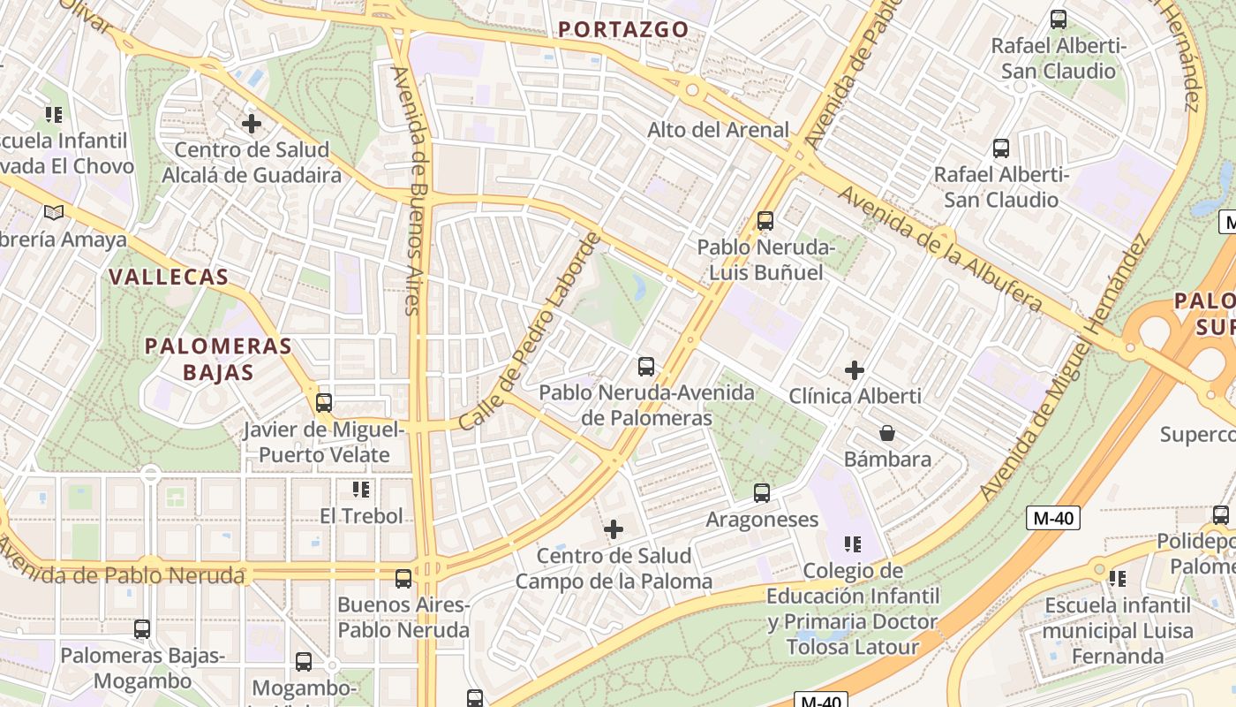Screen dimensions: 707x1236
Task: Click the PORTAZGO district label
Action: coord(623,29)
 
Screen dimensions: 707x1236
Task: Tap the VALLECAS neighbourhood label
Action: coord(169,277)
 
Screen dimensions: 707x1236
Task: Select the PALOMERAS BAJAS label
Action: coord(218,358)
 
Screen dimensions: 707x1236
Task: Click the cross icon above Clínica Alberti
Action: coord(855,369)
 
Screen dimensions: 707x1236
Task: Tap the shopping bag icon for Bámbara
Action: coord(887,433)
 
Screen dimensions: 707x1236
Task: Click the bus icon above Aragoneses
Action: coord(762,493)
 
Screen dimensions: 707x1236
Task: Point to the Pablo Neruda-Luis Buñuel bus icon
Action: coord(765,221)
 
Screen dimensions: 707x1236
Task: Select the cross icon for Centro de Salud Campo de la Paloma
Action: coord(614,529)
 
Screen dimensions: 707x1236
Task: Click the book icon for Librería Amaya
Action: coord(54,212)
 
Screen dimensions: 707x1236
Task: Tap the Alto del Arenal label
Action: coord(718,130)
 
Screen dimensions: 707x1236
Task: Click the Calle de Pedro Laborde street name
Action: coord(531,331)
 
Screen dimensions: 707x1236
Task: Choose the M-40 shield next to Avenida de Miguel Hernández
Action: coord(1052,518)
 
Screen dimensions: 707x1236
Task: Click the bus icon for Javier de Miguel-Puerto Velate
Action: coord(324,403)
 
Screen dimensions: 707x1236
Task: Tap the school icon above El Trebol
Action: coord(360,489)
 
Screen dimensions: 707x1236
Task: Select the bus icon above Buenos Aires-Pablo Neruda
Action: coord(403,579)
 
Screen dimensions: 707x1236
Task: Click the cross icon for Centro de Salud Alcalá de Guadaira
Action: coord(252,123)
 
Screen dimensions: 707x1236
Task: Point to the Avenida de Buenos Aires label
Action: coord(413,190)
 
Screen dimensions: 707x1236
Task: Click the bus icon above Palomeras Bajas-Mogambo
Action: coord(142,629)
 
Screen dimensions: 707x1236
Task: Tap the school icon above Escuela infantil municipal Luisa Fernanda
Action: coord(1118,579)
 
